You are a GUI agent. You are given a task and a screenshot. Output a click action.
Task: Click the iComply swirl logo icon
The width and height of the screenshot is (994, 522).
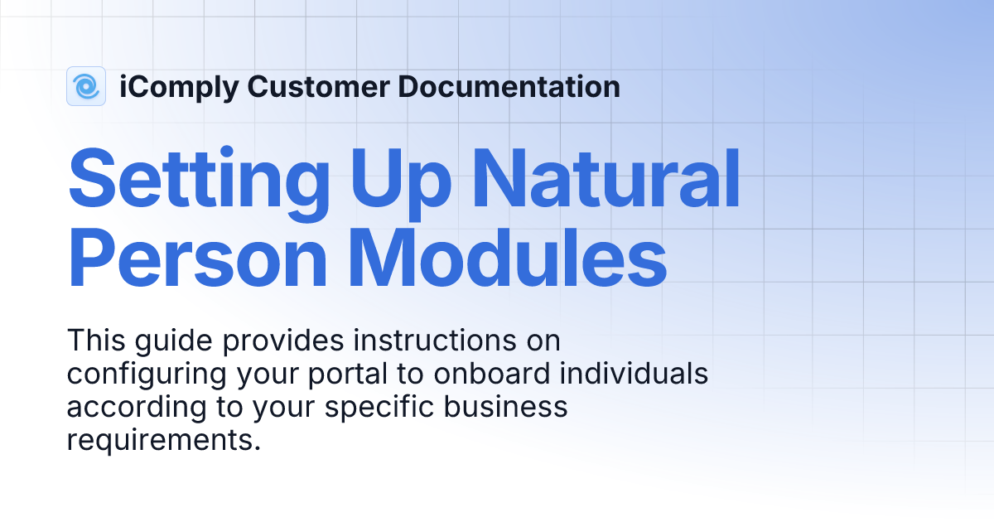tap(86, 86)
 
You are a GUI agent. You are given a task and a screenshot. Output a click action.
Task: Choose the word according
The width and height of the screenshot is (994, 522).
tap(135, 408)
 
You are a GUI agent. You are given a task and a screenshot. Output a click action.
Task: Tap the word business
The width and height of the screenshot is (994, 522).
tap(510, 408)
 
